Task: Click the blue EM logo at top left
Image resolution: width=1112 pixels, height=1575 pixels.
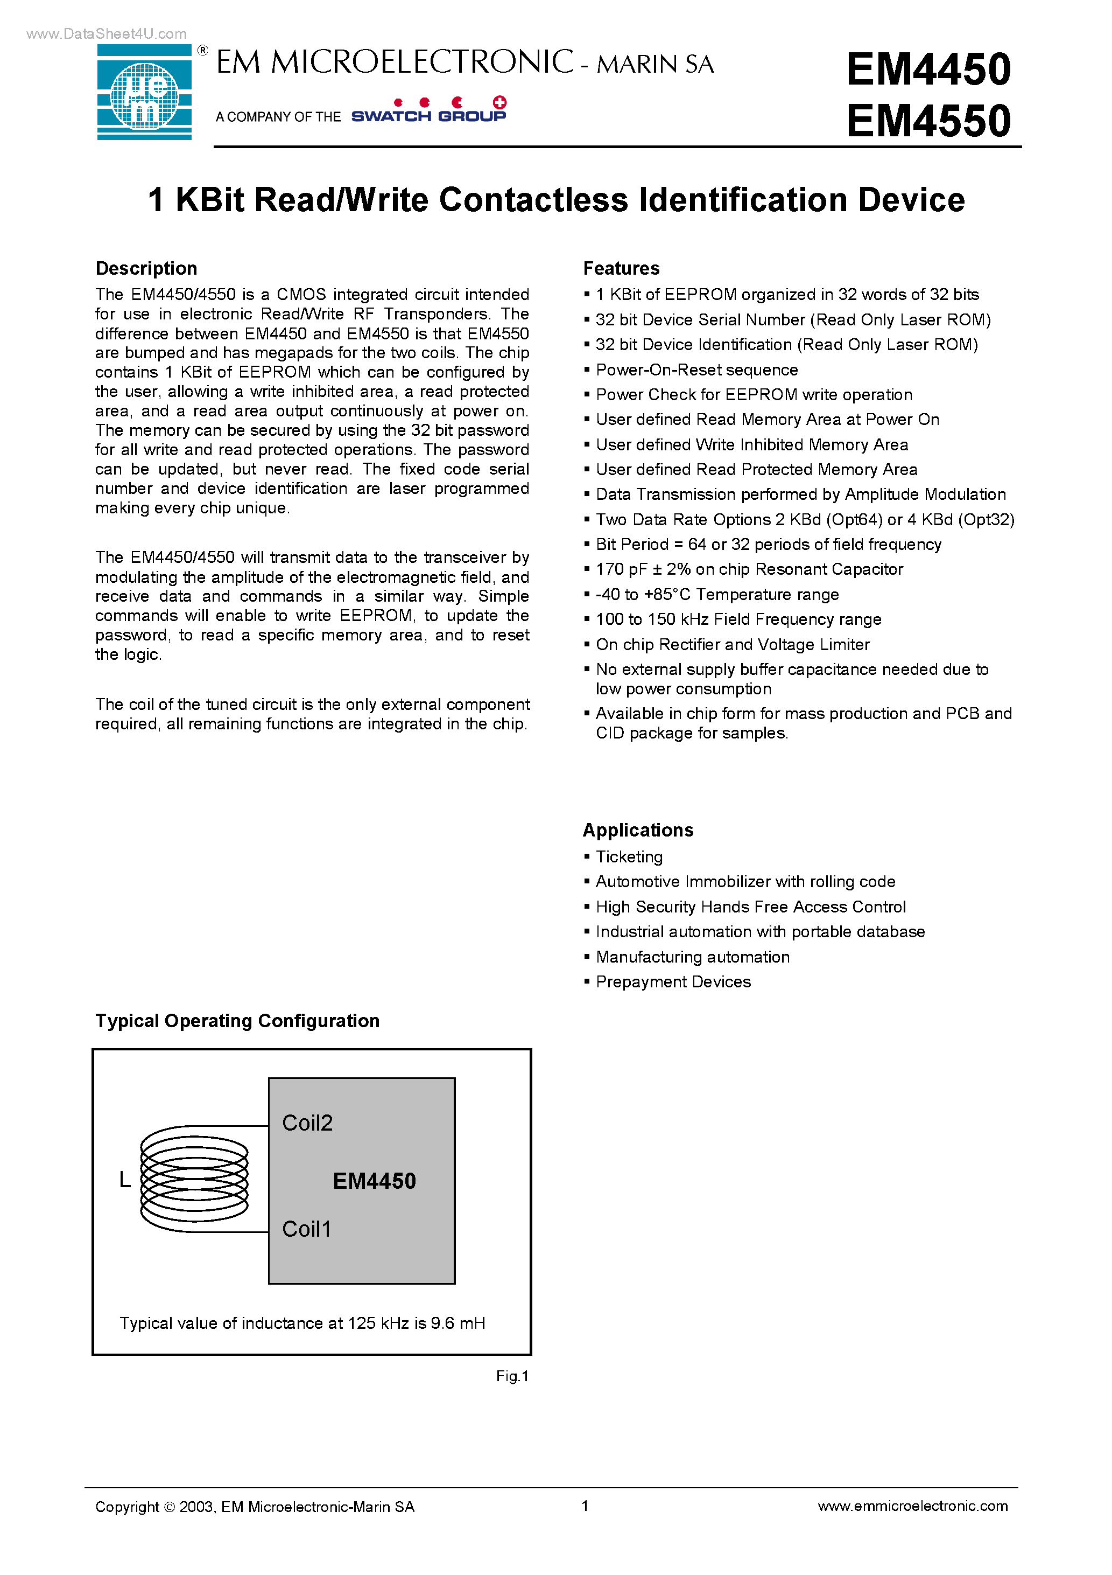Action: (145, 92)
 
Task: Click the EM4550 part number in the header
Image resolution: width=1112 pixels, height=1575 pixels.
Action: (928, 121)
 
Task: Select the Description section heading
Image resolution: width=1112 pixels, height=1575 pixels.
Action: (146, 268)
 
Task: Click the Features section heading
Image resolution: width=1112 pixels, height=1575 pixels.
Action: (621, 268)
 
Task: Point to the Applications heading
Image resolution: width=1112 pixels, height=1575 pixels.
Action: (638, 830)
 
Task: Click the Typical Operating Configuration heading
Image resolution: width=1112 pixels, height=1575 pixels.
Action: (237, 1021)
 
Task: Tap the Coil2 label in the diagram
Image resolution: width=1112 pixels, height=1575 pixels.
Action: (307, 1123)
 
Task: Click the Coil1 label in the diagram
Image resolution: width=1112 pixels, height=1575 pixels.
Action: (306, 1229)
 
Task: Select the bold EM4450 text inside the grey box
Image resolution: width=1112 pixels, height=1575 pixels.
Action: (374, 1181)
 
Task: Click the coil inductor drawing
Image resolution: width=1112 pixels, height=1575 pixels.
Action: (195, 1179)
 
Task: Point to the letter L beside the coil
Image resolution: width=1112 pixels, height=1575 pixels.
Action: (125, 1180)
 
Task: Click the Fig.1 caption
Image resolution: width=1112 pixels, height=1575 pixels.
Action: (512, 1376)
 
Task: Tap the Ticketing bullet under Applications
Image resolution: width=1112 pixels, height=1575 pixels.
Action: (629, 857)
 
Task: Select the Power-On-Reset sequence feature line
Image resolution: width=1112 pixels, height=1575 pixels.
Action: (696, 370)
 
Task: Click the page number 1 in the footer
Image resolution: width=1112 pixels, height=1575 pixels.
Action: (585, 1506)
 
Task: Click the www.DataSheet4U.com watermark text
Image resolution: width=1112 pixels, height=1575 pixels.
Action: (106, 33)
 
